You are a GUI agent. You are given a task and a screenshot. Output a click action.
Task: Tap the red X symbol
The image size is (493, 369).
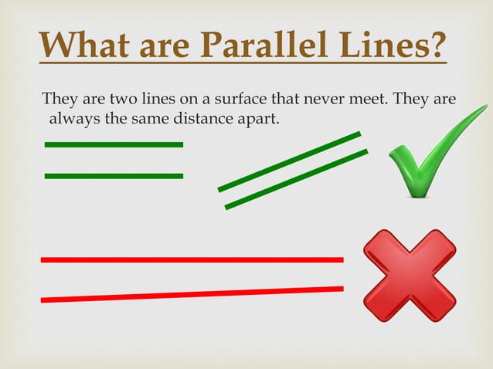[x=410, y=276]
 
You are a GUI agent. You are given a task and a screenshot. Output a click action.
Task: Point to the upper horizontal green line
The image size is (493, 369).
[x=114, y=144]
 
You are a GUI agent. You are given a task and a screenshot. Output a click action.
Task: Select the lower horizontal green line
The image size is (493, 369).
[x=114, y=176]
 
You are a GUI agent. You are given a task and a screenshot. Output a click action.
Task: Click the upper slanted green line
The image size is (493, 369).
[x=289, y=161]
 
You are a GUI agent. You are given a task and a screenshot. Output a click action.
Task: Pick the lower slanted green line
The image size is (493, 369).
[x=296, y=179]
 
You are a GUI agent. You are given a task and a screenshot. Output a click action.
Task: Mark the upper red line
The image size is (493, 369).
[x=192, y=260]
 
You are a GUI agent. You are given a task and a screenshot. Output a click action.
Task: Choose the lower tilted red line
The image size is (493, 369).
[x=192, y=294]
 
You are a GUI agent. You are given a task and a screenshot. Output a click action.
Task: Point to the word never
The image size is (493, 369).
[x=304, y=100]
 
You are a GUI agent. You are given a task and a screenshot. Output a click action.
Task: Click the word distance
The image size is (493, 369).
[x=209, y=119]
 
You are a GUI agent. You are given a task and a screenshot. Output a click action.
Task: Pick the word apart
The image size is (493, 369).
[x=259, y=120]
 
